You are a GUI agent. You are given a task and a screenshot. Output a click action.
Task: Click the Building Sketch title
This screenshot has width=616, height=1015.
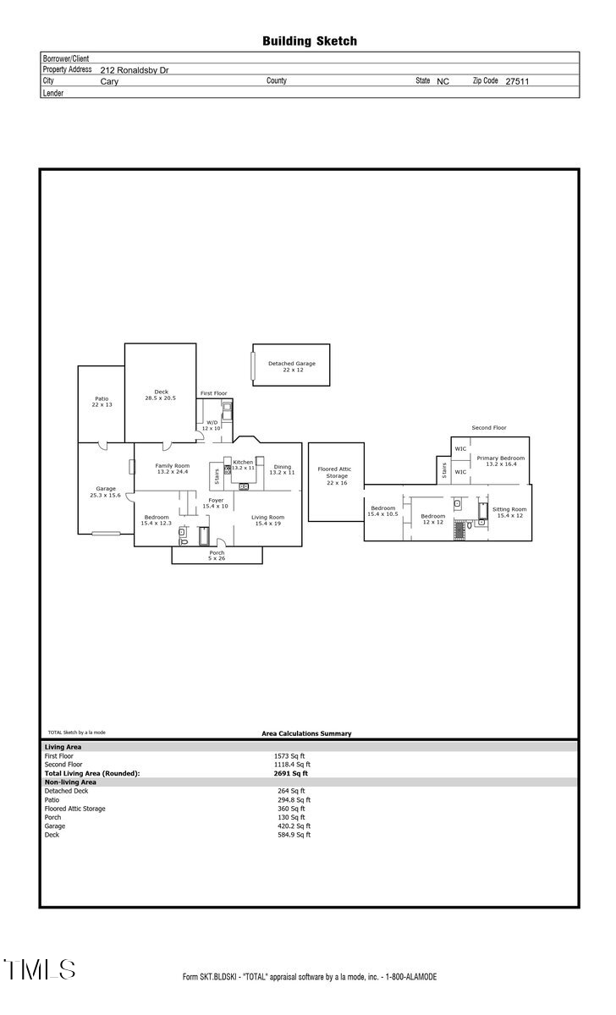309,41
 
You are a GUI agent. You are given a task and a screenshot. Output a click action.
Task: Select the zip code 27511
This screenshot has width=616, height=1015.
517,82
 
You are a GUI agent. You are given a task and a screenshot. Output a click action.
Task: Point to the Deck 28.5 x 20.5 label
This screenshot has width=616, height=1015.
161,394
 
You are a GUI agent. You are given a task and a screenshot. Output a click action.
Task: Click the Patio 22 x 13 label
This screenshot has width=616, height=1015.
102,402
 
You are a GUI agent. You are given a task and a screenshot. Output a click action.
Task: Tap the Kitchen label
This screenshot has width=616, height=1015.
243,463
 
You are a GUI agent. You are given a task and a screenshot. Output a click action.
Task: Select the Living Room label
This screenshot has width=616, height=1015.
267,520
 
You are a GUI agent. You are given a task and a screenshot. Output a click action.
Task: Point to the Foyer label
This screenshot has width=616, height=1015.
216,502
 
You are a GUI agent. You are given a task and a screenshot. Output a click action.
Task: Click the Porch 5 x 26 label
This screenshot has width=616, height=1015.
217,556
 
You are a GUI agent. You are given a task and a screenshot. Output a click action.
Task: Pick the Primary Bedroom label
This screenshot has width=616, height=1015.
500,461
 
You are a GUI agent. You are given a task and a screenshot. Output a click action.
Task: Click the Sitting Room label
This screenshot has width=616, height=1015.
510,512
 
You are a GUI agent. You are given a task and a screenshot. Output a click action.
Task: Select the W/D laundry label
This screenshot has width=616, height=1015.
212,425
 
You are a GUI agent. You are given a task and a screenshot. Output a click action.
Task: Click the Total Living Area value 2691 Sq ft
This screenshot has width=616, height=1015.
290,773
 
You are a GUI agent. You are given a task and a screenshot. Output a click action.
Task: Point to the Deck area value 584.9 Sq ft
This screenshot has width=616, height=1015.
292,835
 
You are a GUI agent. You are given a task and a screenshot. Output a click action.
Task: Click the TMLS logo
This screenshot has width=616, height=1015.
40,969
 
